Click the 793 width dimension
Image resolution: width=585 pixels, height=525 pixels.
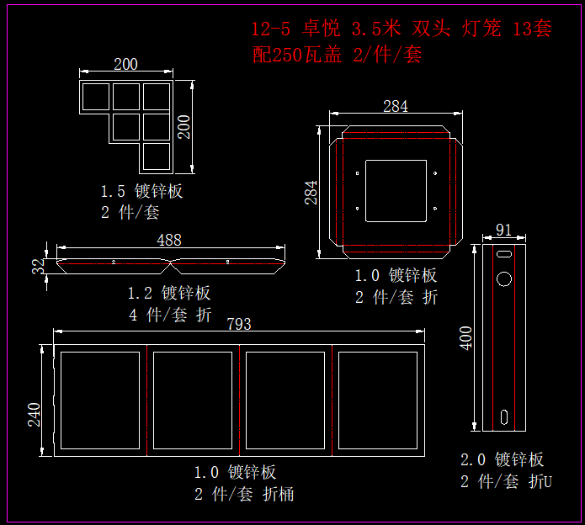(239, 324)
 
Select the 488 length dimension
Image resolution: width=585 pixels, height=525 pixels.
(169, 240)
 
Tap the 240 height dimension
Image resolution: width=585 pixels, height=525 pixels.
(35, 414)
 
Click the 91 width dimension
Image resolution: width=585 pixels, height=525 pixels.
(504, 230)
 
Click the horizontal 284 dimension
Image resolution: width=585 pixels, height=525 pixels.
(395, 106)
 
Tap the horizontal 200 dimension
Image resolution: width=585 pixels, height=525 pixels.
(125, 64)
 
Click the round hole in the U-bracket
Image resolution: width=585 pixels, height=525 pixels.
(503, 278)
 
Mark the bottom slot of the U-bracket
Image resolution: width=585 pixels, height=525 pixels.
(503, 416)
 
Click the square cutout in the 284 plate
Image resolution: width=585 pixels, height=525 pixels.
(396, 191)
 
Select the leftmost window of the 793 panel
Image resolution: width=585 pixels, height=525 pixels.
(99, 400)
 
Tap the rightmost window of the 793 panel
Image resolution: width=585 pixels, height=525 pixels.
(378, 400)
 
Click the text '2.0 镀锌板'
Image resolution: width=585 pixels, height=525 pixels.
(502, 459)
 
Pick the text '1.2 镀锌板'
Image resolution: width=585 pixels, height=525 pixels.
(169, 293)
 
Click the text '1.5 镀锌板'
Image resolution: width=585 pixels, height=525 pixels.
(141, 191)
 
